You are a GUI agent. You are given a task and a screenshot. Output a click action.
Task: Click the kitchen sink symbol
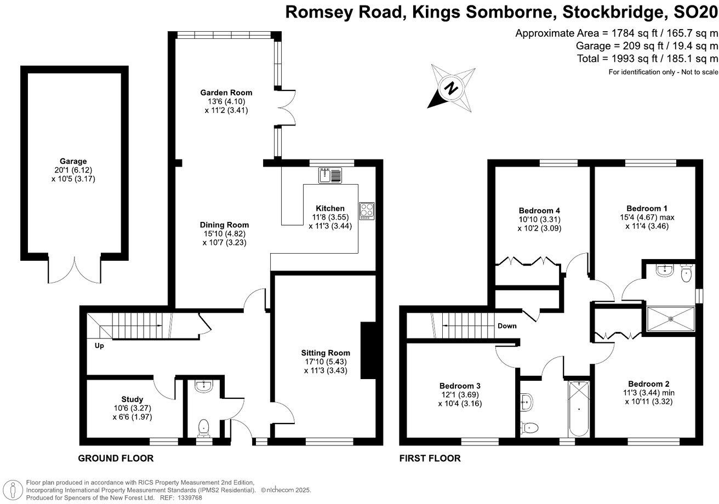(329, 175)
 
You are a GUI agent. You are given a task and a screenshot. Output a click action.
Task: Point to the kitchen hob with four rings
(366, 211)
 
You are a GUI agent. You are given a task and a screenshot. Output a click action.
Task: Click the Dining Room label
(224, 225)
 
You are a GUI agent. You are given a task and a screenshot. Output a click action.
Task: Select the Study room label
(132, 399)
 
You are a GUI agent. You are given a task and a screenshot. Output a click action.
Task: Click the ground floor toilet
(204, 426)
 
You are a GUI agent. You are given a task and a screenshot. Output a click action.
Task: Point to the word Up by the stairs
(99, 346)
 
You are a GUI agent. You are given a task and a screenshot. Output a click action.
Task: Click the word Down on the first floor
(507, 326)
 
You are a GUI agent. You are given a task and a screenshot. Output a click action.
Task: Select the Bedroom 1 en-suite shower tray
(670, 319)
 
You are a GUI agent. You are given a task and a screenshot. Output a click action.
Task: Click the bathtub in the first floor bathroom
(578, 406)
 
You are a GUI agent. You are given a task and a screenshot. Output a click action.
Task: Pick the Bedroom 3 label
(460, 385)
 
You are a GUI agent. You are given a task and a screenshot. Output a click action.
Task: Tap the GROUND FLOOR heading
(116, 458)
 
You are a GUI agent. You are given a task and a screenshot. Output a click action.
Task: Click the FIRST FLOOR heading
(430, 458)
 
